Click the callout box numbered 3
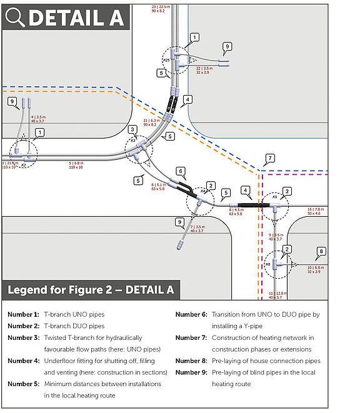132,129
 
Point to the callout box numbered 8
322,252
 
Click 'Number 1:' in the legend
24,314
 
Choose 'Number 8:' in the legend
191,361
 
